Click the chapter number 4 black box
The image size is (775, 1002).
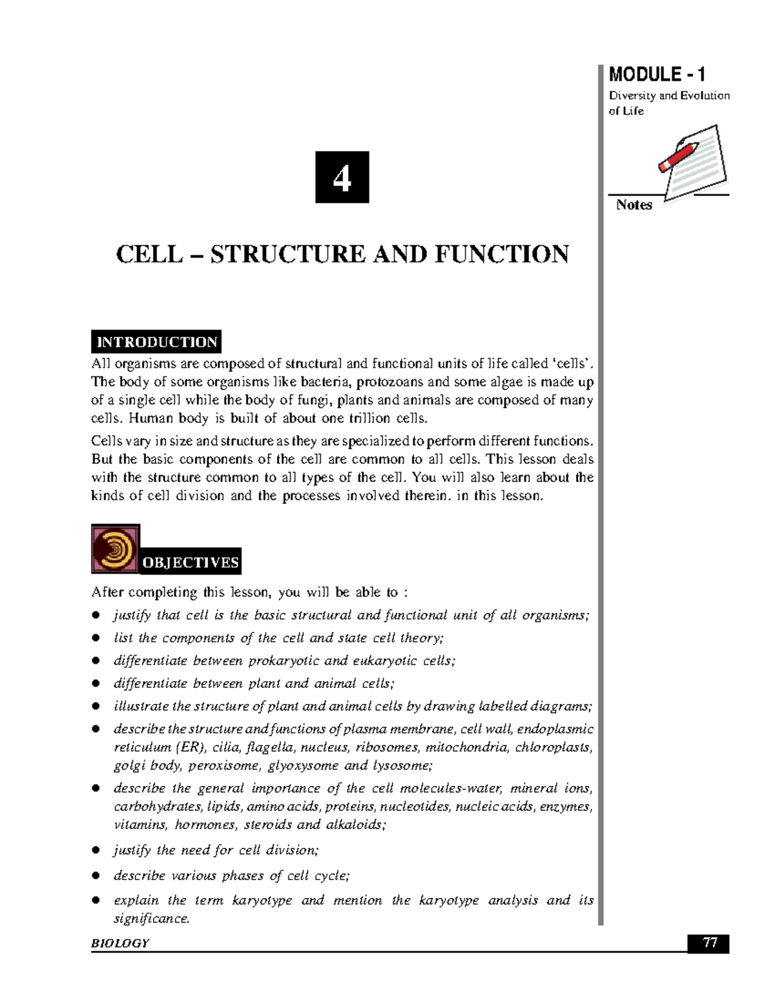pos(342,177)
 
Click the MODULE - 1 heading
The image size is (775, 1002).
pos(657,74)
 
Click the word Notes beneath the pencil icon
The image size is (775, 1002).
pos(634,205)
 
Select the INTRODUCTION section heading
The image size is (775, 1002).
pos(156,342)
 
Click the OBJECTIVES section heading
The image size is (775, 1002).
pos(191,563)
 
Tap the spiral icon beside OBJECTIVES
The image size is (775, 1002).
pos(115,548)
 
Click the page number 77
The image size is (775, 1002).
pos(710,943)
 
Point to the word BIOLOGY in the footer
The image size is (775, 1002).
pos(120,943)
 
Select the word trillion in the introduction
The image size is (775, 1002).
pos(364,418)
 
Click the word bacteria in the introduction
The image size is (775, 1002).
pos(322,382)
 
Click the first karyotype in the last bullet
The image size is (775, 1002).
pos(262,900)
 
